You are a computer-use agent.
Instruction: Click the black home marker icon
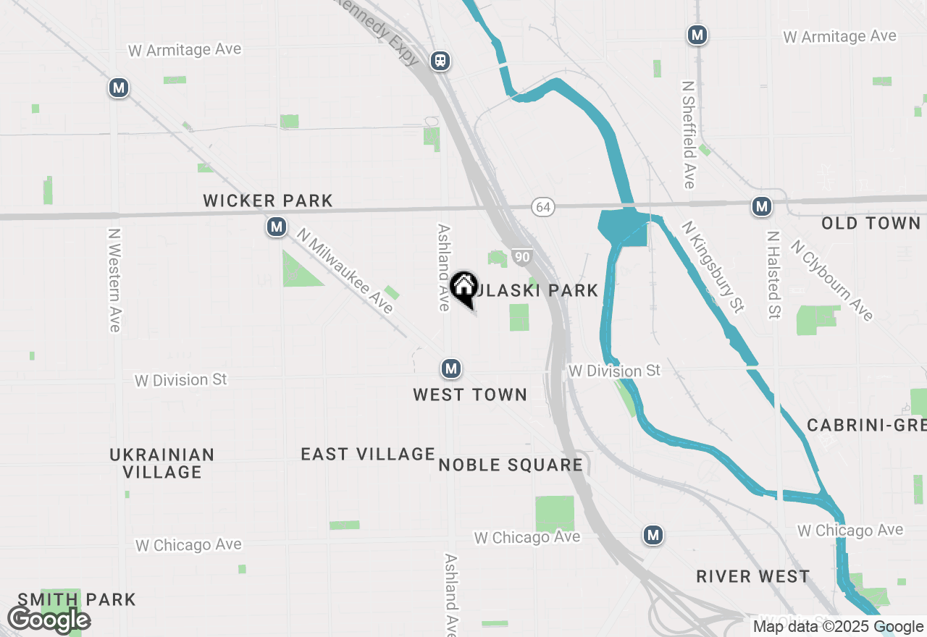tap(463, 287)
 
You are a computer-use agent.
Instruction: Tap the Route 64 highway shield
tap(542, 207)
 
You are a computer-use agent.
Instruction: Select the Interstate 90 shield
tap(521, 256)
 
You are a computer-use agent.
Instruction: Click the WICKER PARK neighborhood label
tap(268, 201)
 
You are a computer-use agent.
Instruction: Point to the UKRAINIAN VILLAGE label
tap(162, 463)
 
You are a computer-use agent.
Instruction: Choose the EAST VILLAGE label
tap(368, 454)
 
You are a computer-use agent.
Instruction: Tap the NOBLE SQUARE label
tap(511, 465)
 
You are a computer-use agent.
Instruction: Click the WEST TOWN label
tap(470, 395)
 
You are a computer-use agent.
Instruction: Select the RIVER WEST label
tap(753, 576)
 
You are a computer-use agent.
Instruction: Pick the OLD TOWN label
tap(871, 223)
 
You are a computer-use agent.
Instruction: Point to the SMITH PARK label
tap(77, 599)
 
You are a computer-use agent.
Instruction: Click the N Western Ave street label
tap(114, 280)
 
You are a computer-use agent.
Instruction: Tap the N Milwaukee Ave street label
tap(345, 271)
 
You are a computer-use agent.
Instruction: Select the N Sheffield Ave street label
tap(689, 134)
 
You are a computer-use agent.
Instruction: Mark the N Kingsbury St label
tap(713, 267)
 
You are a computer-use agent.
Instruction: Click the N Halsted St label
tap(774, 275)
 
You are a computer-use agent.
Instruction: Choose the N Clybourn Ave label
tap(832, 280)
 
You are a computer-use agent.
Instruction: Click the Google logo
tap(49, 620)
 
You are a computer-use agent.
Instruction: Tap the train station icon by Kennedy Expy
tap(440, 61)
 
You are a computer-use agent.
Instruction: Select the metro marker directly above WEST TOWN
tap(451, 369)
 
